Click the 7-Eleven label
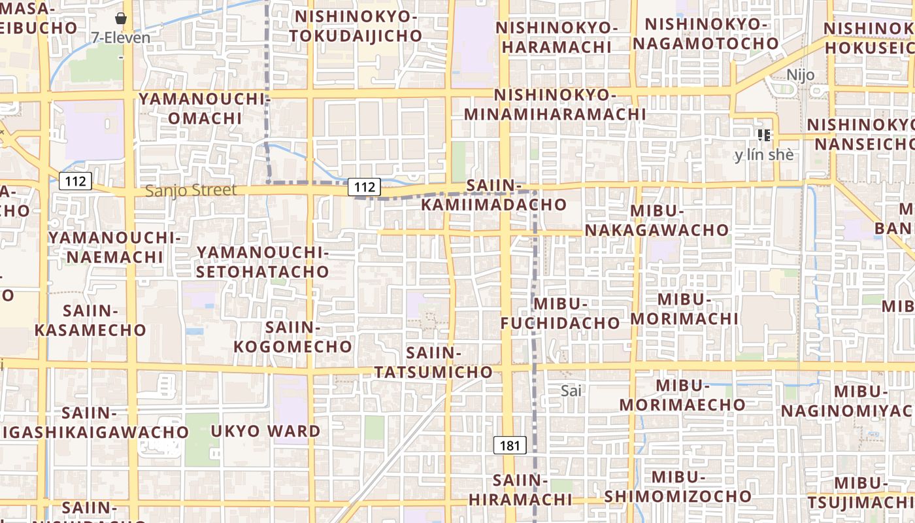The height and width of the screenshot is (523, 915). point(121,37)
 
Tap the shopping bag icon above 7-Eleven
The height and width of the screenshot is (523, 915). point(120,18)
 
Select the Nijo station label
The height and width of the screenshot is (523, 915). point(801,75)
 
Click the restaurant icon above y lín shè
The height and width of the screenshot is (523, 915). point(764,135)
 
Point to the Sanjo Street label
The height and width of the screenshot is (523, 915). point(191,190)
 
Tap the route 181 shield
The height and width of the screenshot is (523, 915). point(510,446)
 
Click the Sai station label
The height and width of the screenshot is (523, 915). point(571,390)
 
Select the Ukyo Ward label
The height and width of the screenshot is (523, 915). point(265,431)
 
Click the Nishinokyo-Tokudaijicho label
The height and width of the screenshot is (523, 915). point(356,26)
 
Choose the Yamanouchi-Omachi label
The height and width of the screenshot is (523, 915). point(205,109)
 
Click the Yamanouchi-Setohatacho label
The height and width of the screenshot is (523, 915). point(262,261)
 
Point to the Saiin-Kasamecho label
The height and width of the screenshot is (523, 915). point(90,320)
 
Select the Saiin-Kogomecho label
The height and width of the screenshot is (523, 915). point(293,337)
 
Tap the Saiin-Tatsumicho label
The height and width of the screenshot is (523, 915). point(433,362)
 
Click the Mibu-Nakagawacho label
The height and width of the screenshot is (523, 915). point(657,220)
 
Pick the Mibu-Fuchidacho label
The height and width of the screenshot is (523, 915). point(561,313)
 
